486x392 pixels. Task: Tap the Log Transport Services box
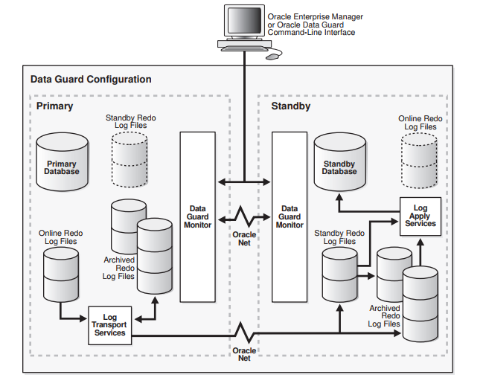click(109, 325)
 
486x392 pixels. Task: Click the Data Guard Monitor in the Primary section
click(197, 216)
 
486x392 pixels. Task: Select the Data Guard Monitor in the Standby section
click(290, 216)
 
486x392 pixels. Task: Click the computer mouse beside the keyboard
click(272, 56)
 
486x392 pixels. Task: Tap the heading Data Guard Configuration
click(91, 79)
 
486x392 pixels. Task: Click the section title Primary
click(55, 106)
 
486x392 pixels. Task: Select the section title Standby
click(291, 106)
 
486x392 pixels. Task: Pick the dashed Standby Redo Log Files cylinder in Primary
click(130, 158)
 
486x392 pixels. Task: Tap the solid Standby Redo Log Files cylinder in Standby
click(339, 274)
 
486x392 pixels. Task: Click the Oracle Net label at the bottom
click(243, 354)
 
